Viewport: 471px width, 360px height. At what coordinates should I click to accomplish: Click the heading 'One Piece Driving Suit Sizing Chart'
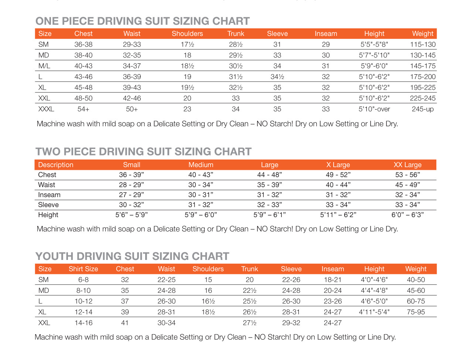[x=143, y=21]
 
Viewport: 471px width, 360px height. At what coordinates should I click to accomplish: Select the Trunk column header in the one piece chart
[x=236, y=34]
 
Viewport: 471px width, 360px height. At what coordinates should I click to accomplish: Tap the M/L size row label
[x=44, y=66]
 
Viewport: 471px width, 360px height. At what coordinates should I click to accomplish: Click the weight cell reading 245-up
[x=423, y=109]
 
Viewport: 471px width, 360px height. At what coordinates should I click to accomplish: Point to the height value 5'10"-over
[x=374, y=109]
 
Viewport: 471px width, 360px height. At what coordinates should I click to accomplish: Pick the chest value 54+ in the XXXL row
[x=83, y=109]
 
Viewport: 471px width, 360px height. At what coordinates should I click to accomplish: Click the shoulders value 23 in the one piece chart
[x=187, y=109]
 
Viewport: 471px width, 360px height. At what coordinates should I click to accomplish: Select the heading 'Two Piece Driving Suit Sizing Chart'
[x=143, y=152]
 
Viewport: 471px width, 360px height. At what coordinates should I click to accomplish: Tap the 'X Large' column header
[x=338, y=165]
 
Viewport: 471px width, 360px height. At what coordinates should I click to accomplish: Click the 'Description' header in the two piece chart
[x=56, y=165]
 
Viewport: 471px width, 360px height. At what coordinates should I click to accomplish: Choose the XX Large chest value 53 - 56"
[x=407, y=175]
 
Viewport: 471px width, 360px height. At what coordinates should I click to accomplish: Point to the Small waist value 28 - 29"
[x=132, y=185]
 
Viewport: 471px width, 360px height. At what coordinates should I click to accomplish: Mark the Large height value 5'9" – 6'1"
[x=270, y=215]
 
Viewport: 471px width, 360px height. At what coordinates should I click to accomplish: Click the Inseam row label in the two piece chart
[x=49, y=195]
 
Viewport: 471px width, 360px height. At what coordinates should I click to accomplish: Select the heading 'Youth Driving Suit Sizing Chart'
[x=132, y=256]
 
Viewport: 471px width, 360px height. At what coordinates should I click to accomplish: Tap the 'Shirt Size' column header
[x=83, y=269]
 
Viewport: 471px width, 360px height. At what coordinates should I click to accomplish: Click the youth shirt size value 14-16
[x=83, y=323]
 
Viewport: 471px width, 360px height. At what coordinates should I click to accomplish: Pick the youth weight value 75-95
[x=416, y=312]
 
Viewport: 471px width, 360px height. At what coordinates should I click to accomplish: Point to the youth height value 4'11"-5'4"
[x=374, y=312]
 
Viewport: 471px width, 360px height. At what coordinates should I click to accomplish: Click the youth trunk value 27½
[x=250, y=323]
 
